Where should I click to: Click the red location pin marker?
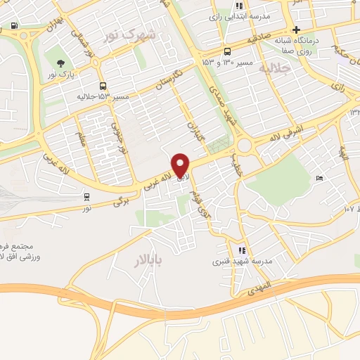pos(181,165)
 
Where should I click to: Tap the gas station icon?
pos(15,27)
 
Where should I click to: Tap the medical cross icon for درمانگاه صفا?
pos(297,30)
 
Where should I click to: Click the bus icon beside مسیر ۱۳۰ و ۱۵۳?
pos(226,51)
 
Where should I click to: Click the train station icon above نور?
pos(86,197)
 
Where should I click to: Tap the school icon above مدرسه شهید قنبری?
pos(243,250)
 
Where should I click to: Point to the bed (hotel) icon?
pos(319,179)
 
